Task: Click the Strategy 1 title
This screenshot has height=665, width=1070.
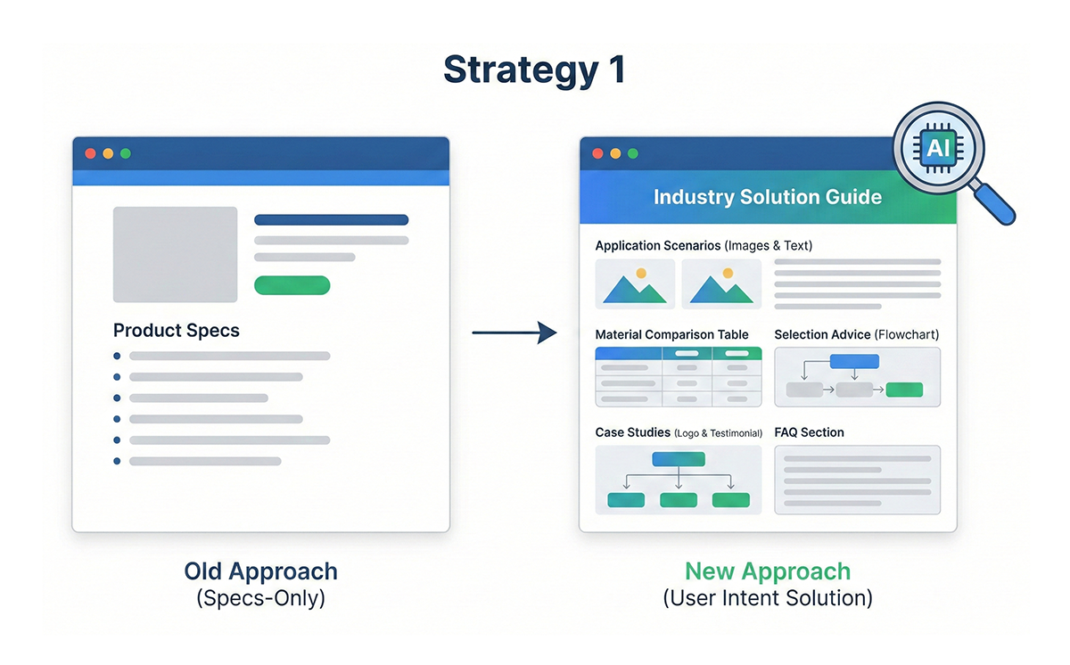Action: tap(534, 70)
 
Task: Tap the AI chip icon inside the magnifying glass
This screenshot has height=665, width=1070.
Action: tap(938, 149)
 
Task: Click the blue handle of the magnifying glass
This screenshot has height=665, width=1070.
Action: tap(994, 204)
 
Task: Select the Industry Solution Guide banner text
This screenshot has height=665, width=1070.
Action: tap(768, 197)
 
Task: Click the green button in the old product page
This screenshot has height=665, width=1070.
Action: tap(292, 285)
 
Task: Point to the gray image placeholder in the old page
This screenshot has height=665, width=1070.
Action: tap(176, 254)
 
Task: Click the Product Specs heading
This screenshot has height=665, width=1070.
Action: tap(177, 331)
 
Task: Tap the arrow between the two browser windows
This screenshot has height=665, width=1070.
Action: tap(514, 332)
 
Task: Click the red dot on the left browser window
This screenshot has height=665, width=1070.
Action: tap(90, 153)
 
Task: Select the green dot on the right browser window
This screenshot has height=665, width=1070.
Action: tap(633, 153)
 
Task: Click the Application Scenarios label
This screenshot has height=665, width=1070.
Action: tap(658, 245)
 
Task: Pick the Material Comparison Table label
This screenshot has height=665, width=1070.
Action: tap(671, 334)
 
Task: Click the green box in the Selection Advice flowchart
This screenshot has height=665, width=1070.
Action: tap(904, 390)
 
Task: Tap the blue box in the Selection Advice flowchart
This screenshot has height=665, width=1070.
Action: tap(854, 361)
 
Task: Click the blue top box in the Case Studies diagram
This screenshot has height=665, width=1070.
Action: tap(679, 459)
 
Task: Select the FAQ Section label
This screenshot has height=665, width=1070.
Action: tap(810, 432)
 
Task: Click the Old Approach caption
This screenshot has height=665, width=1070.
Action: tap(260, 571)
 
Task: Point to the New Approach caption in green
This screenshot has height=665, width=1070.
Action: tap(768, 571)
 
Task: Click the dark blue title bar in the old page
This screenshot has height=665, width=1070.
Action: tap(260, 153)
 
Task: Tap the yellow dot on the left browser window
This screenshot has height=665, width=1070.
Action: tap(108, 153)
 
